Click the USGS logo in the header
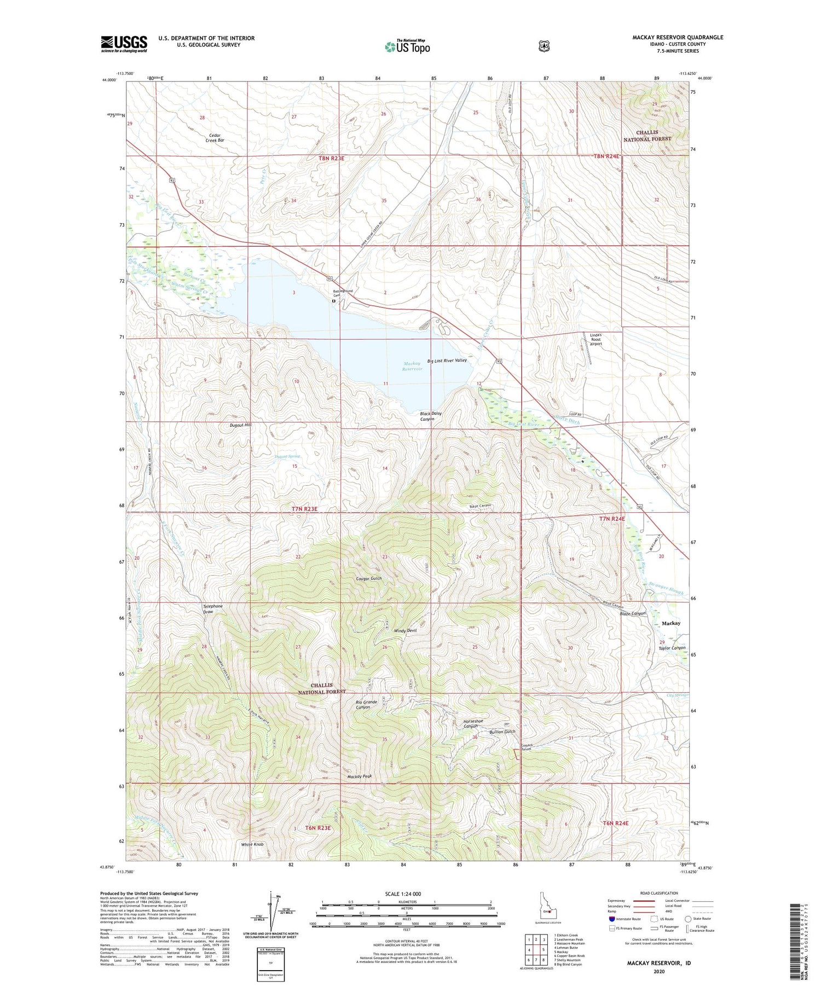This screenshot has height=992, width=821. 124,44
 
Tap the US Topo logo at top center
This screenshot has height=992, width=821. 407,47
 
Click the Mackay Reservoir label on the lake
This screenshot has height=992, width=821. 413,366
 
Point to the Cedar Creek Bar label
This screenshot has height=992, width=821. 215,137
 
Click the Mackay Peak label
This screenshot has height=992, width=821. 360,776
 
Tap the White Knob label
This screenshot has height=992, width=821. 252,844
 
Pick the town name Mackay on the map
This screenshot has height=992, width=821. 671,623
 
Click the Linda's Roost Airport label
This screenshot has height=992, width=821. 595,339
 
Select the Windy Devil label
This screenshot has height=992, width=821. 406,631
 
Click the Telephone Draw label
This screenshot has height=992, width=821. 213,609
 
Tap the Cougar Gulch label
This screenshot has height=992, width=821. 368,578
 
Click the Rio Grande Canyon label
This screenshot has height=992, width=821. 366,704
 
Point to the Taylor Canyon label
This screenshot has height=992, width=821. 672,648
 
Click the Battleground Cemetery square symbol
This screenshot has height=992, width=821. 333,301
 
